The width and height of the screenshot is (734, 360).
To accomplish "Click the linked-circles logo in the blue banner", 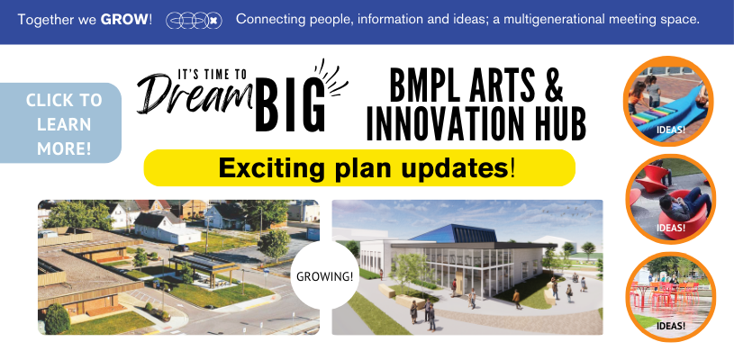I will point(194,19).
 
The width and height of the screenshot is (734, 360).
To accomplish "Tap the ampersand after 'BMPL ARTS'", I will point(553,85).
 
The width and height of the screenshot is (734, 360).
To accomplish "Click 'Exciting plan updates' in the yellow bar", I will point(358,167).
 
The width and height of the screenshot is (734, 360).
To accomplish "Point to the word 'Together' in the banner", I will point(48,19).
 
